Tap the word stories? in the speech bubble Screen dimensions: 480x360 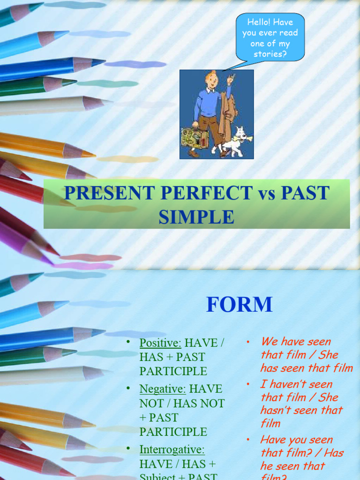pos(270,54)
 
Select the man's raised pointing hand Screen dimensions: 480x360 pos(230,80)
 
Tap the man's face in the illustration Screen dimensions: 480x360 pos(212,81)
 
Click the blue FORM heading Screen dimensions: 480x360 pos(239,305)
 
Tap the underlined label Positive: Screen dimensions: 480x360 pos(160,343)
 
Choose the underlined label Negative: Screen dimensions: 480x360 pos(162,389)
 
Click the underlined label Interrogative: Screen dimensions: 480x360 pos(172,450)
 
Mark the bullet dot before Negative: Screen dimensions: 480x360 pos(127,388)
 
